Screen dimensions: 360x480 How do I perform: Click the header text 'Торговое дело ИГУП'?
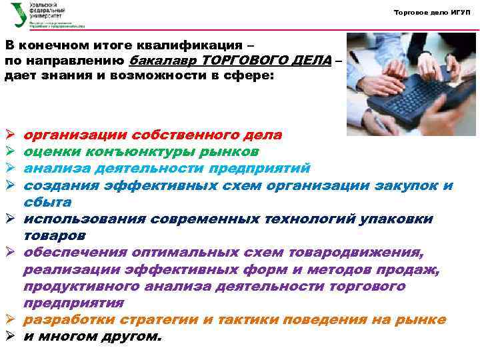(x=432, y=13)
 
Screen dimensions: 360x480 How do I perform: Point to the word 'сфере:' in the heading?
(x=247, y=76)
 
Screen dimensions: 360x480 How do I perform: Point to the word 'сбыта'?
(x=47, y=201)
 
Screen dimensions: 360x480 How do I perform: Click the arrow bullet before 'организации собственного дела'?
(x=10, y=135)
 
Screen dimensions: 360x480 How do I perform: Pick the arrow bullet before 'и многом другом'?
(x=10, y=337)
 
